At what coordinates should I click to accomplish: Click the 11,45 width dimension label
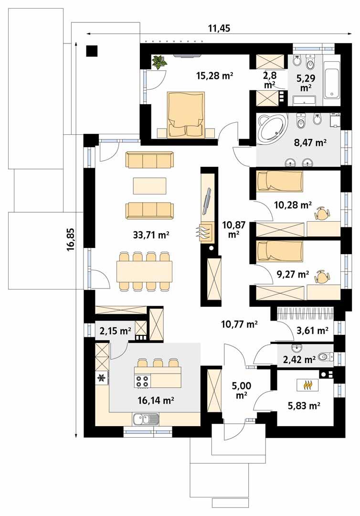(x=219, y=28)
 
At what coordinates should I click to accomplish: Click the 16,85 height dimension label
(x=71, y=239)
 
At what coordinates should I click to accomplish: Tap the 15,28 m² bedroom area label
(x=214, y=75)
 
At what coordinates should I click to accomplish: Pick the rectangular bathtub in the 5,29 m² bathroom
(x=331, y=79)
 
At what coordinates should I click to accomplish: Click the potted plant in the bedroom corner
(x=159, y=62)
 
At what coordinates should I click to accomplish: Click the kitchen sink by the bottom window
(x=146, y=420)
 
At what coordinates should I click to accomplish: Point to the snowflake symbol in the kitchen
(x=101, y=378)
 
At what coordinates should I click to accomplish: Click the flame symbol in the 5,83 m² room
(x=306, y=384)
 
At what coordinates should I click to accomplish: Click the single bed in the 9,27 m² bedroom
(x=280, y=251)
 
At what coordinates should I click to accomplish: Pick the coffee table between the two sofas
(x=150, y=185)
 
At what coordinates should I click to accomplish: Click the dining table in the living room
(x=144, y=271)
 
